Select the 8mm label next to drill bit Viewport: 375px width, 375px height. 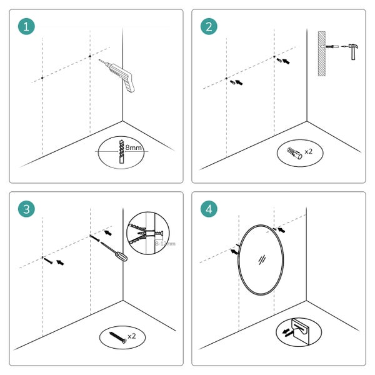[133, 147]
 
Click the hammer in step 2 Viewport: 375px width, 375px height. [352, 50]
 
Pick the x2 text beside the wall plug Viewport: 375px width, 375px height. [308, 152]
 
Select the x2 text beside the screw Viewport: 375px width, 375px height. [131, 336]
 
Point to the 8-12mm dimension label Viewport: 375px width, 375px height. [165, 242]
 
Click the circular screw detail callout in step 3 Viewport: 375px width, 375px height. [145, 234]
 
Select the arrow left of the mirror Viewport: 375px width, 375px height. [234, 251]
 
